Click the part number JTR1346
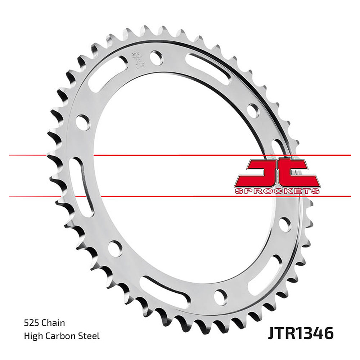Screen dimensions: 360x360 [x=300, y=333]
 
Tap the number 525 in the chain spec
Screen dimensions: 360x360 [x=31, y=323]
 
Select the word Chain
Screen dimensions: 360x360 [x=53, y=323]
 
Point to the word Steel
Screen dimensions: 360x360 [x=89, y=337]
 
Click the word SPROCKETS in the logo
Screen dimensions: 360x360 [x=277, y=191]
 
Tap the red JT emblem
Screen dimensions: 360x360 [x=277, y=173]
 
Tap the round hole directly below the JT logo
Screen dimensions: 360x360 [x=284, y=224]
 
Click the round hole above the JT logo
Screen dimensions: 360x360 [x=253, y=110]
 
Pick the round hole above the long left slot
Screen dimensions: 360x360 [x=82, y=121]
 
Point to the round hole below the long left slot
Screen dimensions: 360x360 [x=115, y=248]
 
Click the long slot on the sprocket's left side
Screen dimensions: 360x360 [x=81, y=187]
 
